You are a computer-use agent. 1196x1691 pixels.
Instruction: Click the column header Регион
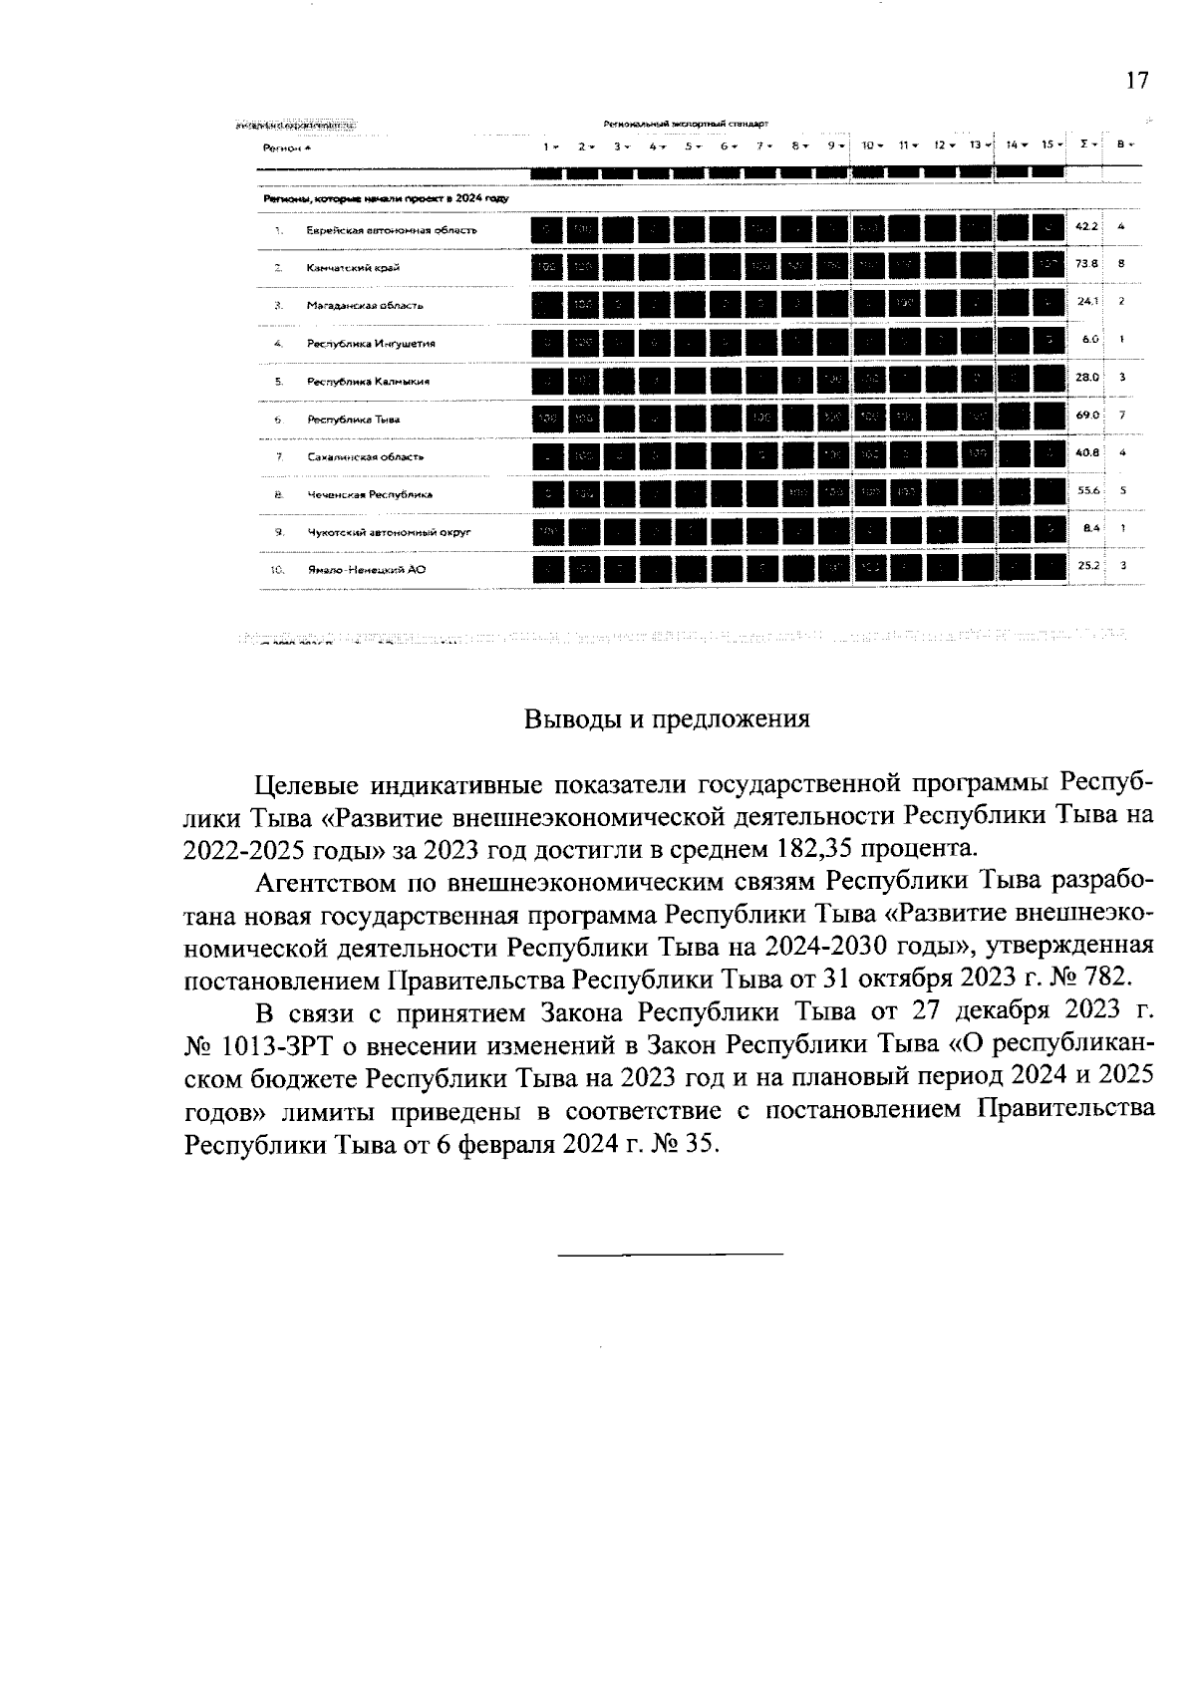coord(280,147)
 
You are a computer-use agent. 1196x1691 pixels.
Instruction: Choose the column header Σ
coord(1084,144)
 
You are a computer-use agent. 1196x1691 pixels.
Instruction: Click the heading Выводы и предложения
coord(667,720)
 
